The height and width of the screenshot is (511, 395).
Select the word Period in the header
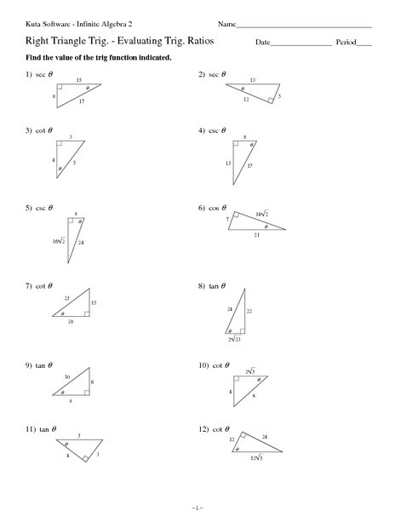(x=346, y=42)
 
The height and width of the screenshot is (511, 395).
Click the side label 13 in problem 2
(x=253, y=79)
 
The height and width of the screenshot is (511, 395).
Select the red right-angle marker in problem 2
(x=271, y=100)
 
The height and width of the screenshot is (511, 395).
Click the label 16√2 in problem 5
(x=59, y=241)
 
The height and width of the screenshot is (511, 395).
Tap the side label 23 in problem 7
(x=66, y=297)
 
